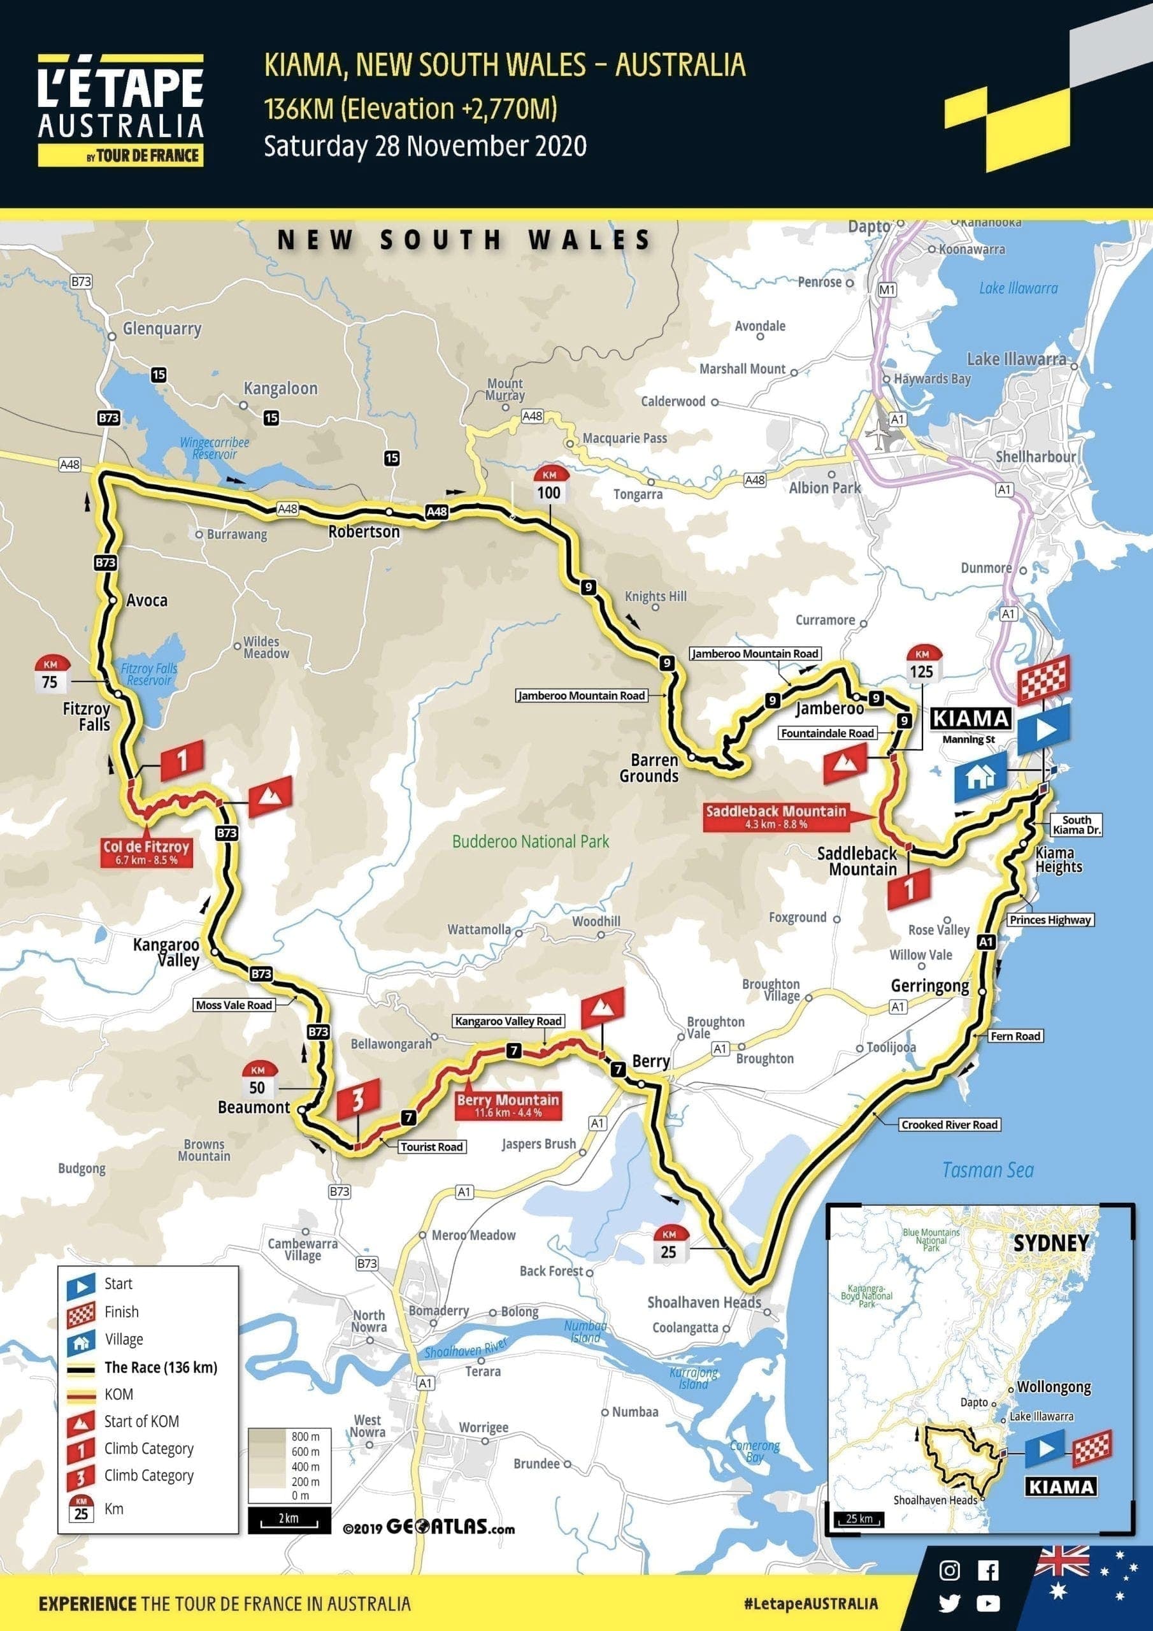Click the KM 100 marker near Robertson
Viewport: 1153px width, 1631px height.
[548, 486]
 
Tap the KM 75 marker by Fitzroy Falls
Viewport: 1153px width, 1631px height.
[50, 675]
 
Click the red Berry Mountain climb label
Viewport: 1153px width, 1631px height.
[508, 1105]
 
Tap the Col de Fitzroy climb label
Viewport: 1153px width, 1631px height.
[147, 851]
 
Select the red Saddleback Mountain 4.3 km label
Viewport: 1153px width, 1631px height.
[775, 816]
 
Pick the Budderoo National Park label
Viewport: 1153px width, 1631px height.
[531, 842]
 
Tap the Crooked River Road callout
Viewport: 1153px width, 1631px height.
[949, 1124]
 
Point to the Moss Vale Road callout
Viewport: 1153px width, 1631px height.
[234, 1005]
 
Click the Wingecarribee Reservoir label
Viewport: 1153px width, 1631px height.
[214, 447]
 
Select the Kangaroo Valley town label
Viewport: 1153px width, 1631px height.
[166, 952]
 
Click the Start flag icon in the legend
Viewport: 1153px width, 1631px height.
[80, 1284]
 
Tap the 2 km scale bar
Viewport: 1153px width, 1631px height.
[289, 1519]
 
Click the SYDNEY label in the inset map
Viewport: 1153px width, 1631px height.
[1050, 1243]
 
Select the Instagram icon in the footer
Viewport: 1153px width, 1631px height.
[949, 1570]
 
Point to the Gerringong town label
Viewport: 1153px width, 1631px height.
[929, 986]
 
